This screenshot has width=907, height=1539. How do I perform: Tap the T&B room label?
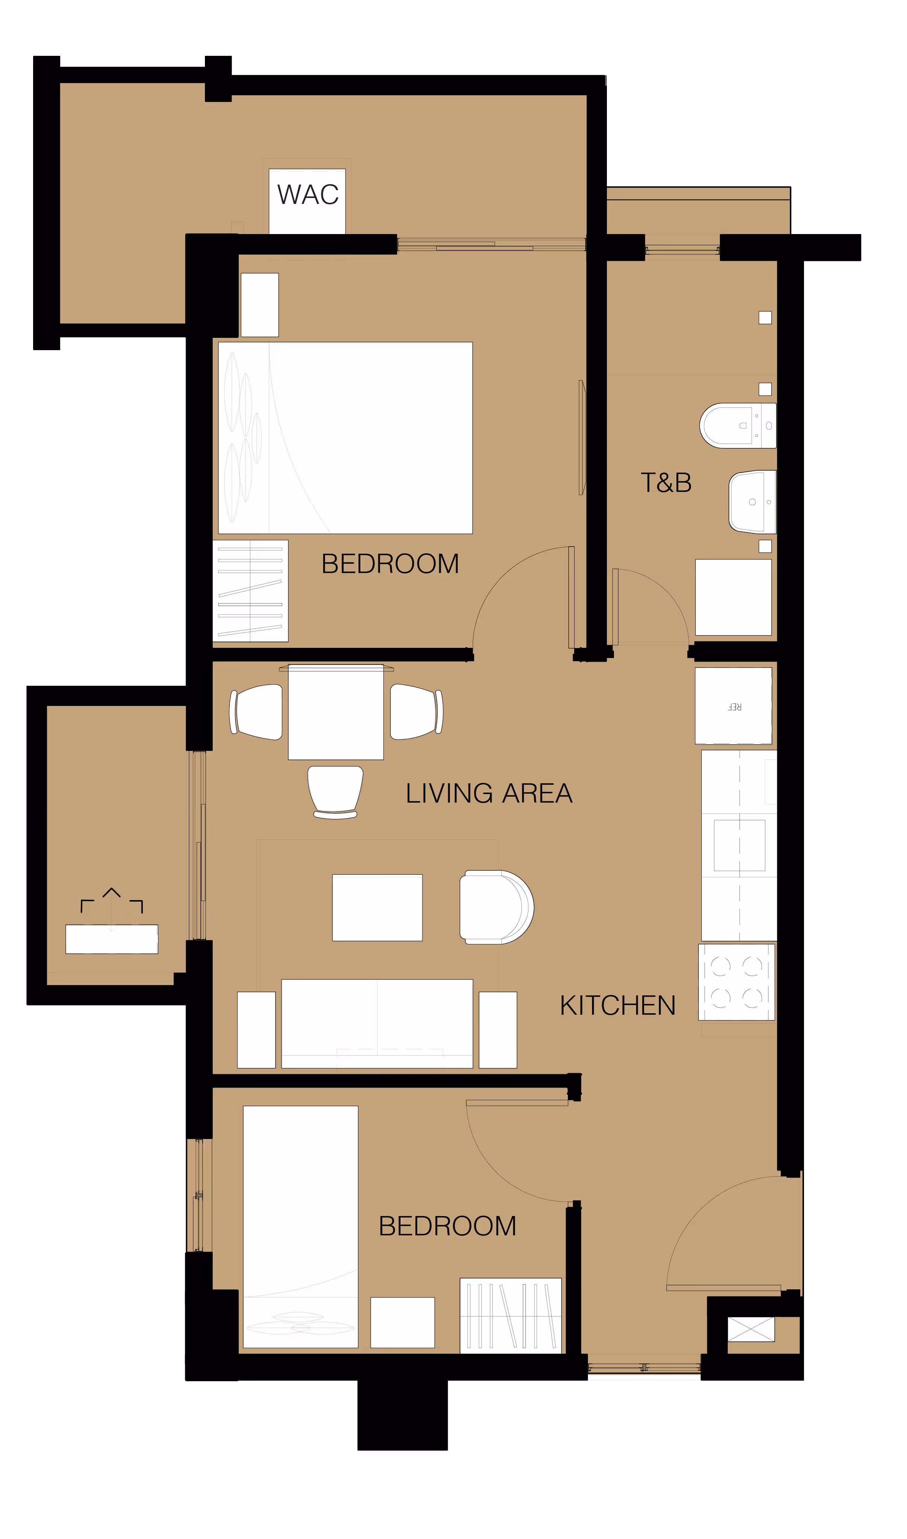(666, 483)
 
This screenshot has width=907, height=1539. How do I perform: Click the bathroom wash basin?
(752, 501)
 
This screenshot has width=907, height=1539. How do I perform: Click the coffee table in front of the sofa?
(377, 908)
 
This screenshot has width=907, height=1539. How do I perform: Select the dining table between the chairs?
(335, 712)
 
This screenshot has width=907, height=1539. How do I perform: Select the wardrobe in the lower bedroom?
(510, 1315)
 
